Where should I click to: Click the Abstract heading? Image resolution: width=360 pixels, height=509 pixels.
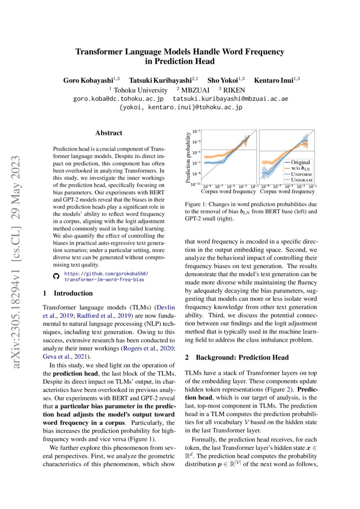click(109, 133)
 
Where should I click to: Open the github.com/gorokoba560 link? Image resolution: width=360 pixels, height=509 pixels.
click(106, 273)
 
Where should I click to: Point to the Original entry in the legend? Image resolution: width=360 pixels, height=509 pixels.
click(300, 162)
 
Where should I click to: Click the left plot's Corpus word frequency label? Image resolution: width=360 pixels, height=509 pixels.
click(228, 191)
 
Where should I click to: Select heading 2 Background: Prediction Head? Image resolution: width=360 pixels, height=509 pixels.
click(236, 357)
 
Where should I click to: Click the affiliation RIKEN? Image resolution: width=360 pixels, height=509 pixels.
click(236, 90)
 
